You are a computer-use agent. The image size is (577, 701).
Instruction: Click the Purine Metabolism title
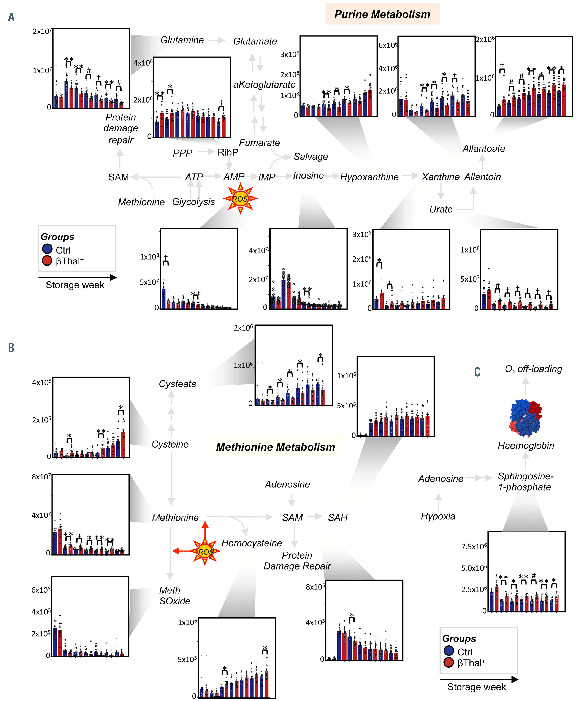[x=382, y=14]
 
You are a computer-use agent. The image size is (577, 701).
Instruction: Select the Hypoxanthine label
[x=369, y=177]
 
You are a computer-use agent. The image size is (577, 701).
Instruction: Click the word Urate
[x=441, y=209]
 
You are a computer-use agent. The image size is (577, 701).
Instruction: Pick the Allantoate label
[x=483, y=149]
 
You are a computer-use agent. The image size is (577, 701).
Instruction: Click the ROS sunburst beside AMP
[x=240, y=199]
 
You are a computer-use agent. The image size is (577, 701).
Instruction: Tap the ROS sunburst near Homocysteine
[x=205, y=552]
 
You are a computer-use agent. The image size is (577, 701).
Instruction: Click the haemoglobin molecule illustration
[x=525, y=417]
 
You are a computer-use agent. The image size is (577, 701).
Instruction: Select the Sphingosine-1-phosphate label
[x=525, y=481]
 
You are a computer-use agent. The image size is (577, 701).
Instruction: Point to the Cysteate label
[x=178, y=384]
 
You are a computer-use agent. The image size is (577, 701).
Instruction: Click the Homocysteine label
[x=252, y=543]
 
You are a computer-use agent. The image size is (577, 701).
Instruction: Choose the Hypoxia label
[x=438, y=516]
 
